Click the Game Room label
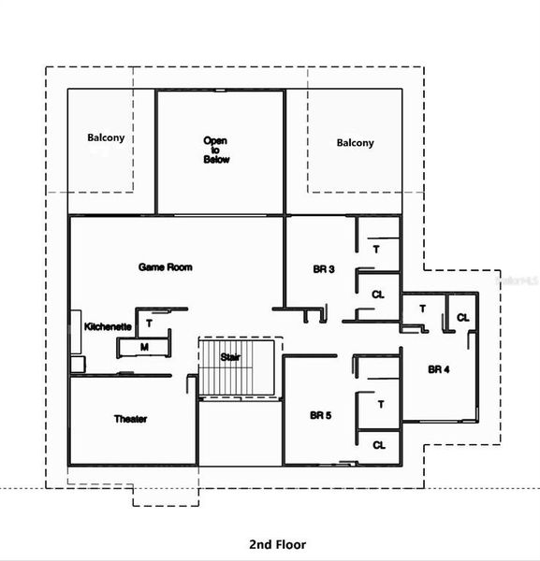tap(166, 267)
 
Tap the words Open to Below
tap(216, 151)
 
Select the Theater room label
tap(130, 419)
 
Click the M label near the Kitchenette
tap(144, 347)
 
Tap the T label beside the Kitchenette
tap(149, 324)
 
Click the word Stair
tap(230, 357)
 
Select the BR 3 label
tap(324, 269)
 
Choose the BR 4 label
tap(439, 369)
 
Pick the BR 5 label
tap(321, 414)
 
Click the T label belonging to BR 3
tap(376, 250)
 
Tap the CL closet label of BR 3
tap(377, 295)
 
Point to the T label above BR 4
tap(422, 309)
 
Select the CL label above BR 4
tap(462, 318)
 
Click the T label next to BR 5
tap(381, 404)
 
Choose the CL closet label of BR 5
tap(378, 446)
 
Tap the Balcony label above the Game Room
tap(106, 138)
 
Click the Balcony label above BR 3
tap(355, 143)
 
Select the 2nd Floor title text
tap(277, 544)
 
